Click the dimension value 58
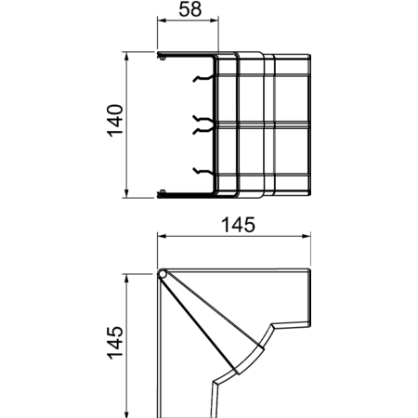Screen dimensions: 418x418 190,9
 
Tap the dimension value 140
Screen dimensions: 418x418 115,121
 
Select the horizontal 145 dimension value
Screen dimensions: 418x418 239,225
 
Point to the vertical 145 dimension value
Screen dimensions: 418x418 115,343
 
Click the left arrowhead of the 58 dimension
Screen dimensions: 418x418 162,20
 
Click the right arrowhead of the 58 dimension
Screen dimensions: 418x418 215,20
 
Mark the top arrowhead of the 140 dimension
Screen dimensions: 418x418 126,56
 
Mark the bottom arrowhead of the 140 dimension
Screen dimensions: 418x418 126,193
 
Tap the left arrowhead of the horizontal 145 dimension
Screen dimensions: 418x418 162,236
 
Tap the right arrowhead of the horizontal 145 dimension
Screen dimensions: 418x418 307,236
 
